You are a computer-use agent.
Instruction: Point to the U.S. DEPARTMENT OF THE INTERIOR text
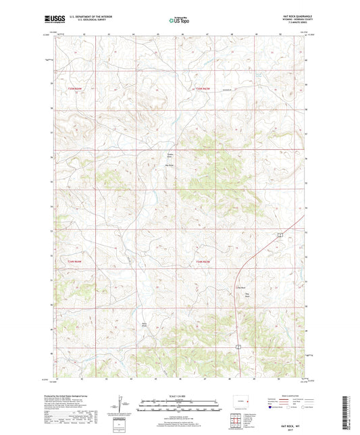coord(91,17)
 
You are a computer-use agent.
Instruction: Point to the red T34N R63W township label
coord(203,261)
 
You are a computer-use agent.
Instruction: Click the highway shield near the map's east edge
coord(279,234)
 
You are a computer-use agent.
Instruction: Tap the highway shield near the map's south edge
coord(238,346)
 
